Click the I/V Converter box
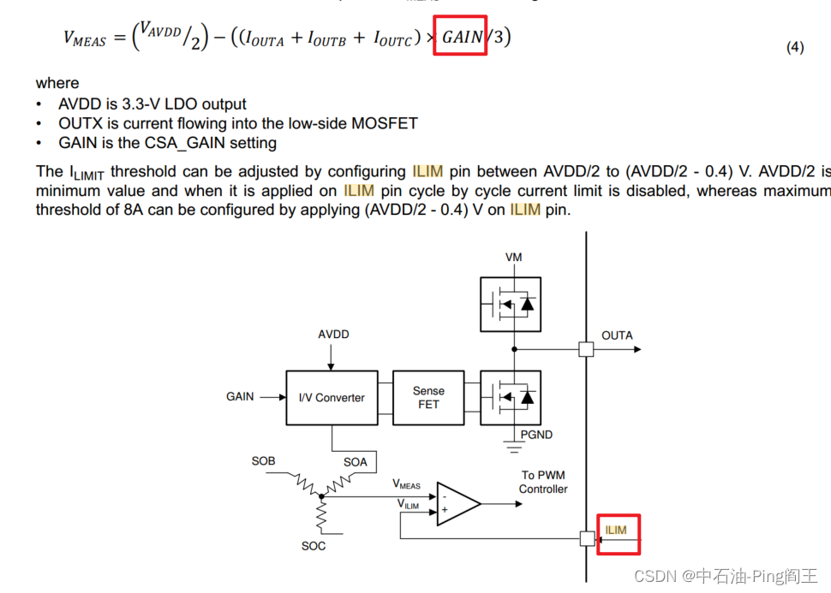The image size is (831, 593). click(x=331, y=398)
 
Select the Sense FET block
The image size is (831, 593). click(x=428, y=398)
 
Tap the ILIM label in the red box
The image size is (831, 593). click(x=616, y=531)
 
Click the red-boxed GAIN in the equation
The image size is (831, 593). click(x=463, y=37)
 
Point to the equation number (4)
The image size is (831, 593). click(x=795, y=48)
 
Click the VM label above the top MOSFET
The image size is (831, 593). click(x=513, y=258)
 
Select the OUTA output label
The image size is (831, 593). click(x=617, y=335)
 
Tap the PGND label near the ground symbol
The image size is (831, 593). click(x=537, y=435)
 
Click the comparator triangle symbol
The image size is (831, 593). click(x=457, y=503)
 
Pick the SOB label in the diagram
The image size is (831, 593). click(x=263, y=461)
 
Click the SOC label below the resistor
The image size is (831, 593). click(x=314, y=546)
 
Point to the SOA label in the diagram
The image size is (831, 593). click(x=356, y=462)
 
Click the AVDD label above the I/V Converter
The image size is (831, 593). click(x=333, y=335)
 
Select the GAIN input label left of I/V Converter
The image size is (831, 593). click(x=240, y=397)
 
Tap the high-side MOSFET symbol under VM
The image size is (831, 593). click(x=510, y=304)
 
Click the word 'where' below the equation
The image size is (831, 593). click(x=57, y=83)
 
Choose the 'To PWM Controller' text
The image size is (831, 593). click(x=543, y=482)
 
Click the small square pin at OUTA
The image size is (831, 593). click(x=586, y=349)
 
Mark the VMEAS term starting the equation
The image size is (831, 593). click(x=85, y=38)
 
